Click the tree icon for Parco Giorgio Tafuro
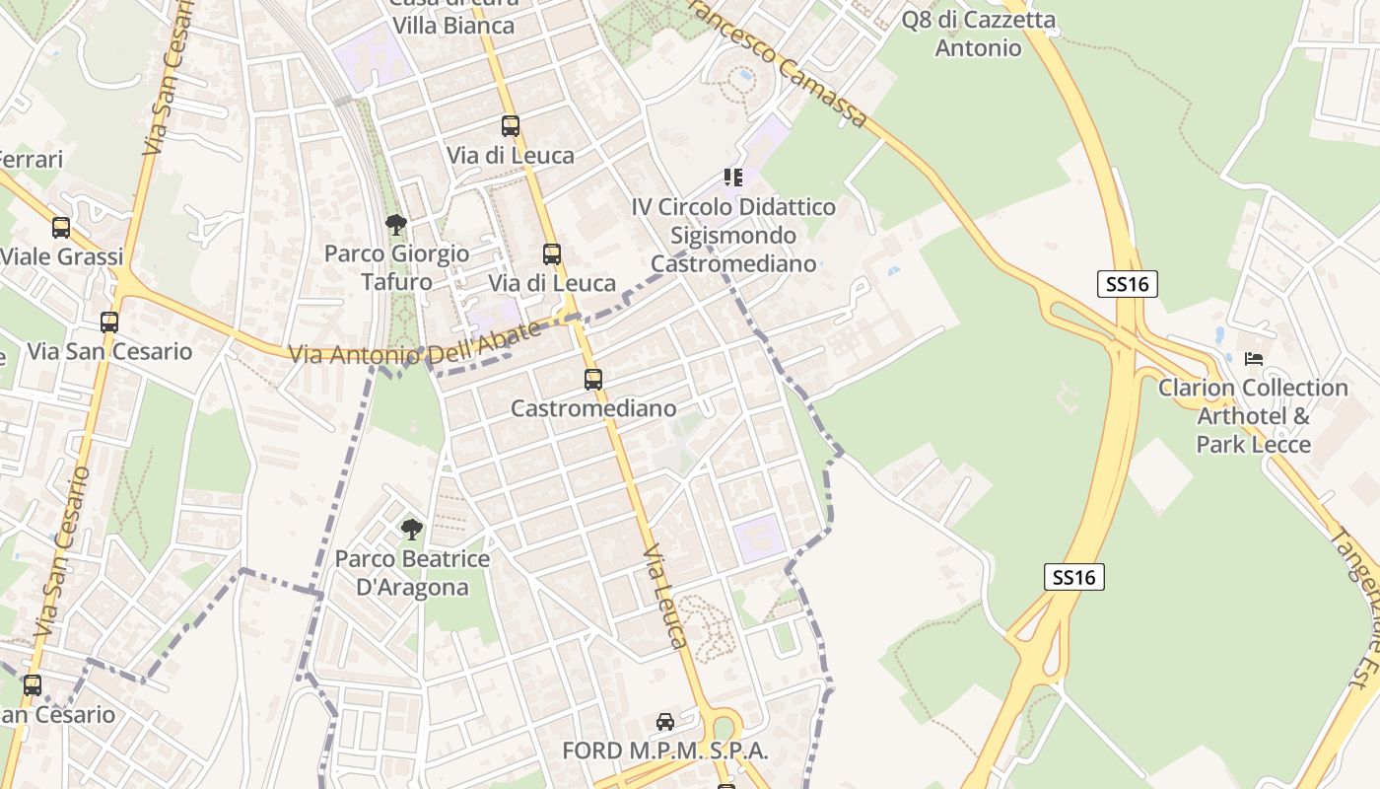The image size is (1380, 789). tap(396, 225)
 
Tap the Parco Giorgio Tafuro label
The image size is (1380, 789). tap(397, 267)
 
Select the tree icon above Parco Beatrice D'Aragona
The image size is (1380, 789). tap(412, 530)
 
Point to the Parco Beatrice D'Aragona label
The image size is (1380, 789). tap(412, 573)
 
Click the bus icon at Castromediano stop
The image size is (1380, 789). tap(592, 380)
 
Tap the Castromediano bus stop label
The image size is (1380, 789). tap(593, 408)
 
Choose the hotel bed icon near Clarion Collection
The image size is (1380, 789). tap(1254, 358)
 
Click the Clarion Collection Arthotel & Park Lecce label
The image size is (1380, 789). tap(1253, 416)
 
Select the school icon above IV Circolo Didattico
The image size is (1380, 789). tap(732, 178)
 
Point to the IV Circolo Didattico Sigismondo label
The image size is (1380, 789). tap(733, 236)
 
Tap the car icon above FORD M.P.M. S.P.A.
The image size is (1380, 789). tap(665, 722)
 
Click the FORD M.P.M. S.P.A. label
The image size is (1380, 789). tap(664, 751)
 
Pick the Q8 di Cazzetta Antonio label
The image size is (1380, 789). tap(978, 34)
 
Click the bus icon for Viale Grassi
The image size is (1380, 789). tap(61, 228)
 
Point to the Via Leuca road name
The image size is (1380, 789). tap(665, 596)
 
